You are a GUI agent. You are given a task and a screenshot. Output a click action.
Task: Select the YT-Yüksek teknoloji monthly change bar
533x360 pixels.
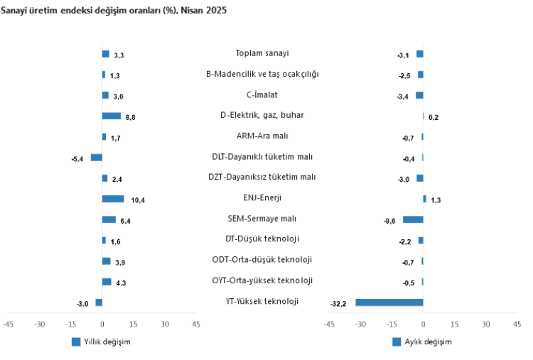coord(389,302)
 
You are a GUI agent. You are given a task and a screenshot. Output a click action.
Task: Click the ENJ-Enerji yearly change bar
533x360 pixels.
coord(113,199)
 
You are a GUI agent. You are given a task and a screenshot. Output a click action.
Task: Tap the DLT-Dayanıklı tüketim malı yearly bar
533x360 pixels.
coord(96,158)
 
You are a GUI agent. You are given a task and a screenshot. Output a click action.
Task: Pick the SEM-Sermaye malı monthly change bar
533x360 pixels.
coord(413,219)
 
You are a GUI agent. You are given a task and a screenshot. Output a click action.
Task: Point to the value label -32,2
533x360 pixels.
coord(338,304)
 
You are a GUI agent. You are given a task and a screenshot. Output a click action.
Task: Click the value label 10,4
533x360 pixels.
coord(138,200)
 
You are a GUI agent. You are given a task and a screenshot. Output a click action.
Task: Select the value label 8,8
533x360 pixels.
coord(131,117)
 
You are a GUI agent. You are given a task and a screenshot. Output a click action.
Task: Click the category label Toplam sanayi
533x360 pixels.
coord(262,53)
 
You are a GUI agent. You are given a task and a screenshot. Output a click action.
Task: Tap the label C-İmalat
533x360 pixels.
coord(262,94)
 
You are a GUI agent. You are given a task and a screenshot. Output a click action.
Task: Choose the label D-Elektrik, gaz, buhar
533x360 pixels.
coord(262,115)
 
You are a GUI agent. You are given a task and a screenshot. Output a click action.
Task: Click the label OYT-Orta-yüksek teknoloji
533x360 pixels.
coord(262,280)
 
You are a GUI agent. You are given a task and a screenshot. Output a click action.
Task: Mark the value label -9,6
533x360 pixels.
coord(389,221)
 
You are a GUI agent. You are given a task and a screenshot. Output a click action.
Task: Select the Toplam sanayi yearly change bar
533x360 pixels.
coord(106,54)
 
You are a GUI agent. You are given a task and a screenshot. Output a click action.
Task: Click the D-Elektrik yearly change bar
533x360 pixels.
coord(112,116)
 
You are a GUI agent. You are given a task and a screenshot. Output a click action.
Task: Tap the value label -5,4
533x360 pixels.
coord(77,159)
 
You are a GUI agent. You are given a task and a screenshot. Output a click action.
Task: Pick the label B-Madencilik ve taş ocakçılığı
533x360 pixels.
coord(262,74)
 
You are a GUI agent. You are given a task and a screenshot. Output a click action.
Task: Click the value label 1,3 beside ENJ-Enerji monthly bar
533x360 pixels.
coord(436,201)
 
